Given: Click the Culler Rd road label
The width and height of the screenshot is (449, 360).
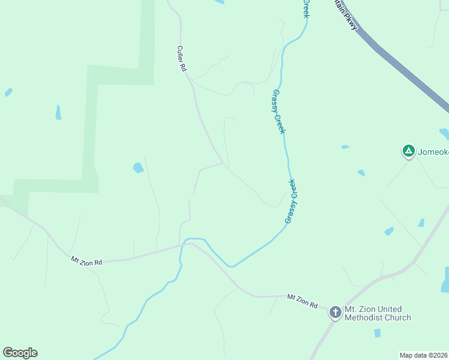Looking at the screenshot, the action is point(182,59).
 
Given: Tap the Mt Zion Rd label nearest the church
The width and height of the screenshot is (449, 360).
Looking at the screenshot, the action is point(302,301).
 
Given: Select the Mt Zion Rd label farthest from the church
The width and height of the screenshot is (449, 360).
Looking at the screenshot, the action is point(86,261).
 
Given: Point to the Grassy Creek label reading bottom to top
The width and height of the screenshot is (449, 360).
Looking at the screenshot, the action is point(292,201).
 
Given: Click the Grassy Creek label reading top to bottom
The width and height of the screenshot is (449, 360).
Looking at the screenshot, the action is point(279,112).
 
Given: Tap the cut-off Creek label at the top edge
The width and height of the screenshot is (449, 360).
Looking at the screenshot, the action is point(306,8).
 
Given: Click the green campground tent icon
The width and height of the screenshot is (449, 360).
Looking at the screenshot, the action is point(408,151).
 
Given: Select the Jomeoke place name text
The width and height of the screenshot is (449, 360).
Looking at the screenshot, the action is point(433,152).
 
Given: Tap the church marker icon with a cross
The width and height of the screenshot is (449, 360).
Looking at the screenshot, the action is point(335,312).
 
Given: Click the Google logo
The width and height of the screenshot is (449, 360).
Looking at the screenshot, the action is point(20,353).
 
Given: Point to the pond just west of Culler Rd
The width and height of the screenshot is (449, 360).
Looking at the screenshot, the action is point(138,167).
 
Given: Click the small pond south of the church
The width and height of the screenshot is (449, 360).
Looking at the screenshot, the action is point(377,332).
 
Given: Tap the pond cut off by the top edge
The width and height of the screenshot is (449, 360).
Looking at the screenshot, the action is point(219,2).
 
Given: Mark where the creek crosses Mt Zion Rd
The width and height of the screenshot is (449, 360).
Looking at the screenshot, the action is point(182,244).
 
